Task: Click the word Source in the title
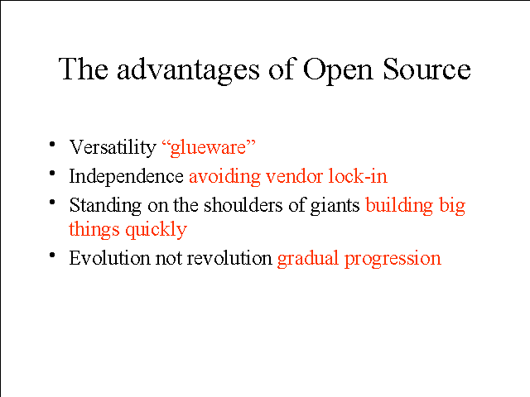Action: click(x=426, y=69)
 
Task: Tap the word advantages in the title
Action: click(x=188, y=70)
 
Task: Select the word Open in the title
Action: click(x=338, y=71)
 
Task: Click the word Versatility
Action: click(x=113, y=147)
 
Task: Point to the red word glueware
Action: click(x=209, y=148)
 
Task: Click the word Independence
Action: click(x=127, y=176)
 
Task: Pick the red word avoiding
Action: click(x=224, y=176)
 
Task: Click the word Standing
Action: click(x=105, y=206)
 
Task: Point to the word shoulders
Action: click(x=243, y=205)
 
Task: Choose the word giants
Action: click(x=335, y=206)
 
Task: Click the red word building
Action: click(x=399, y=206)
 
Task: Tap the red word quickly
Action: click(x=157, y=230)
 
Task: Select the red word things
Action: click(x=94, y=230)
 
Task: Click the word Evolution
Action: click(x=109, y=258)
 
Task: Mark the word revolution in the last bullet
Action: click(x=229, y=258)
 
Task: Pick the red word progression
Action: click(x=393, y=259)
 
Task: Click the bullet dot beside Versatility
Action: click(x=52, y=145)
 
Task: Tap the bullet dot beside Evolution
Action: click(x=52, y=256)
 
